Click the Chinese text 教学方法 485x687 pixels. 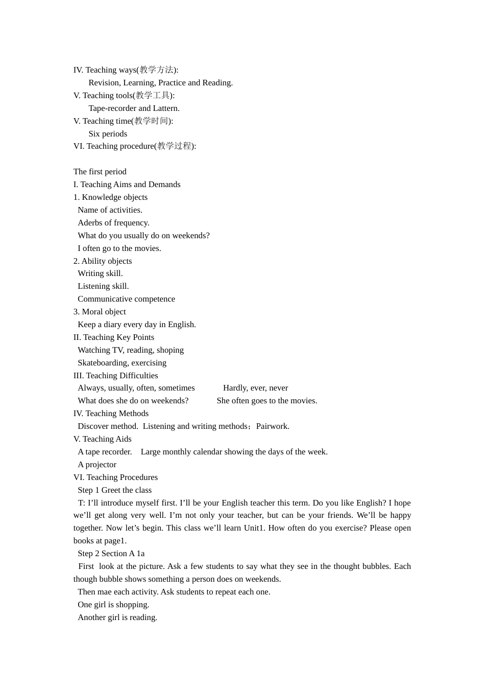pos(156,70)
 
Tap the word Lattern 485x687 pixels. pos(166,108)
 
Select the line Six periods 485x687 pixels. pos(108,134)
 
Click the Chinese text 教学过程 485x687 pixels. pos(174,146)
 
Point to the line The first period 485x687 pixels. pos(100,172)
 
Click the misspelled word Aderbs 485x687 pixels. pos(90,223)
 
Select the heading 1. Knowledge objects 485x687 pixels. pos(110,197)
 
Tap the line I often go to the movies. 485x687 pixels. pos(119,248)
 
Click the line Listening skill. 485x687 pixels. pos(103,286)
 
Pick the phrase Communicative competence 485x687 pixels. pos(126,299)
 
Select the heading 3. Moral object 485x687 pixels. pos(100,312)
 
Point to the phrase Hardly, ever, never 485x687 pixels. pos(255,388)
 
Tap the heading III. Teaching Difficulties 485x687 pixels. pos(115,376)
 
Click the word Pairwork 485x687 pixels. pos(273,426)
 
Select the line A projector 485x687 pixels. pos(97,465)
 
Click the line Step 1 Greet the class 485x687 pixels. pos(114,490)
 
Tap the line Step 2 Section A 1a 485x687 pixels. pos(111,554)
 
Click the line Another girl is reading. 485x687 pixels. pos(117,617)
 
